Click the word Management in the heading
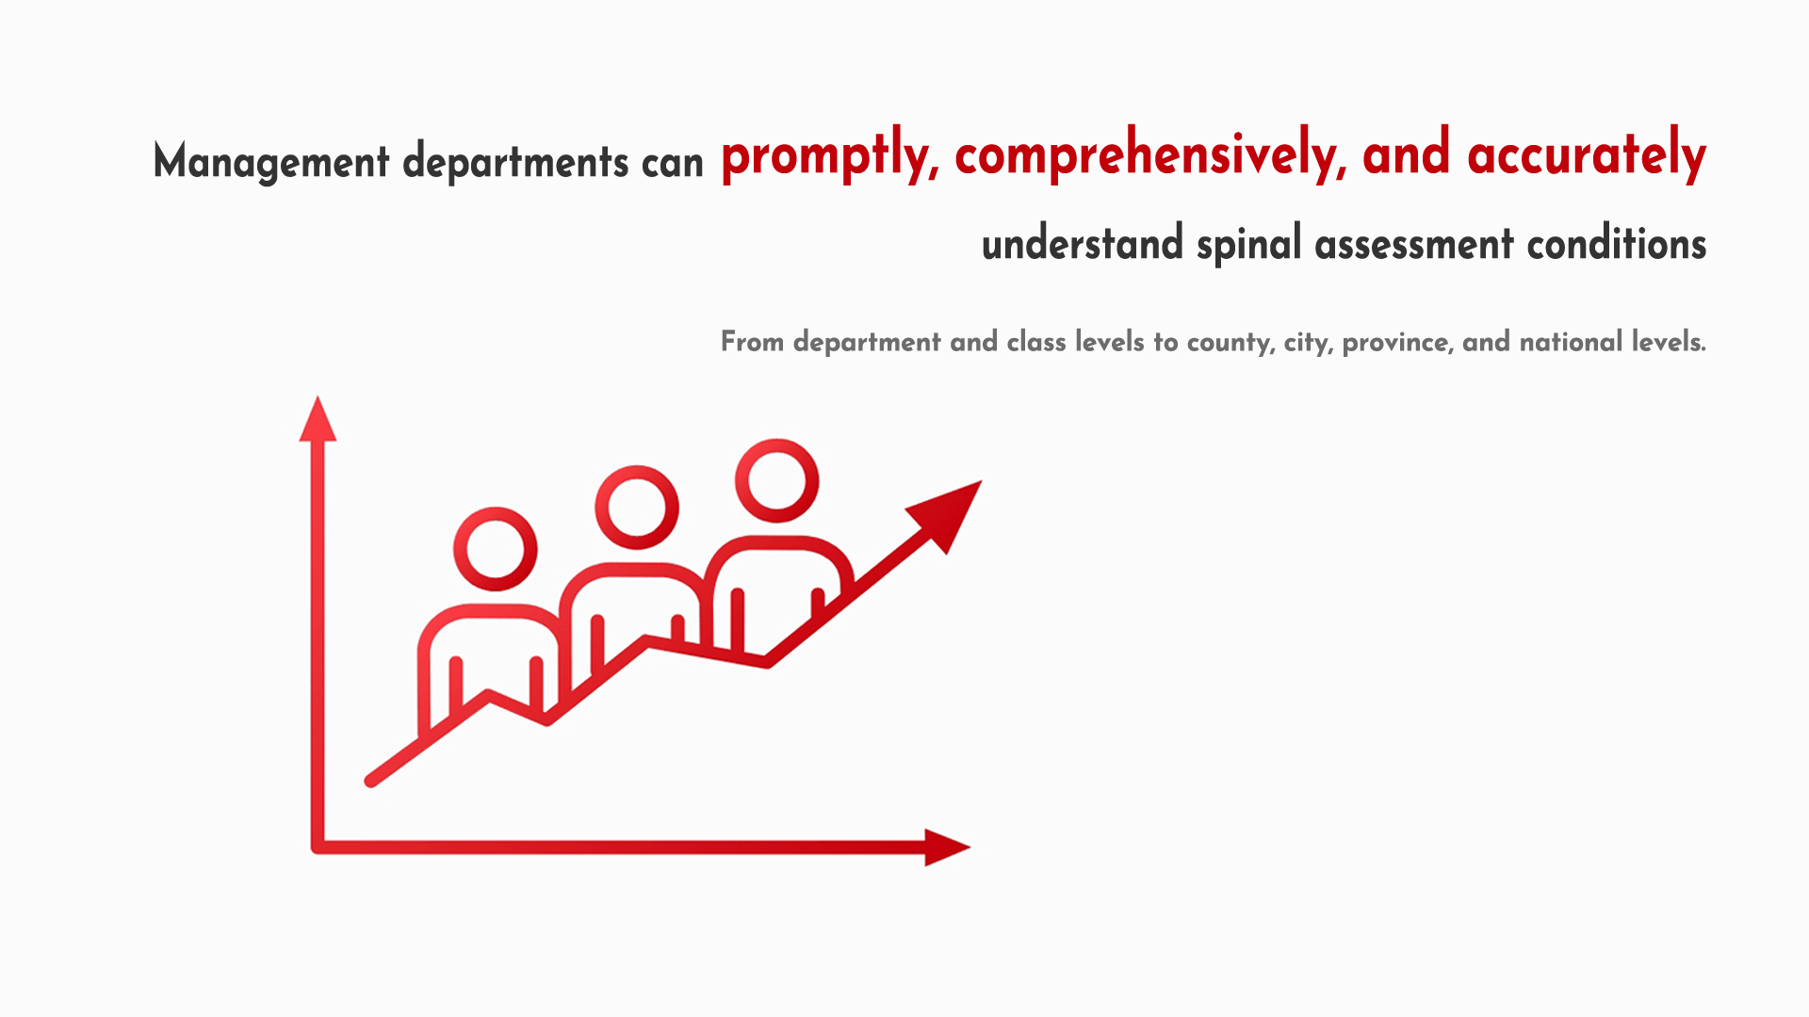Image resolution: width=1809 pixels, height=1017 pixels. [x=271, y=162]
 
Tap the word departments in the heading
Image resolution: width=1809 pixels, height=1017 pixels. [x=515, y=162]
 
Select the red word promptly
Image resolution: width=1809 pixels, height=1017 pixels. [x=830, y=155]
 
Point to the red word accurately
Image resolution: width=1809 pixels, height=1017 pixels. [x=1587, y=155]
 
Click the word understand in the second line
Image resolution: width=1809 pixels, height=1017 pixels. [x=1083, y=244]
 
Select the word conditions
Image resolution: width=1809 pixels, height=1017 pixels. [x=1617, y=244]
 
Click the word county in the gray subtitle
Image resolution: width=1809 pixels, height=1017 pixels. [x=1231, y=343]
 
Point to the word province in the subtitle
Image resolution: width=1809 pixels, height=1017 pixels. [x=1397, y=343]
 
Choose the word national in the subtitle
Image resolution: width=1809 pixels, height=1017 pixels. [x=1571, y=341]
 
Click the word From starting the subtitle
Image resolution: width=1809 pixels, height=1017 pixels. [x=752, y=341]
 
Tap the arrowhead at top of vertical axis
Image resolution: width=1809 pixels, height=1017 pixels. [x=318, y=419]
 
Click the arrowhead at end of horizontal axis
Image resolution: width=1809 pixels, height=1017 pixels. [x=947, y=847]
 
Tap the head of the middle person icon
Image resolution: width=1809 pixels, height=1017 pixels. [x=637, y=507]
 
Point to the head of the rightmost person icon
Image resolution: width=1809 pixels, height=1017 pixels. [x=777, y=480]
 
